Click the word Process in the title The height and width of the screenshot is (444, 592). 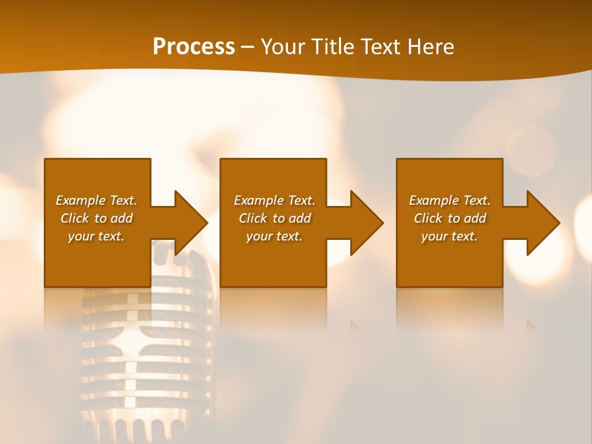pos(194,47)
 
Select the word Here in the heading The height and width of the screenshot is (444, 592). pos(430,47)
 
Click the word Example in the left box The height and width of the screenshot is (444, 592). pos(80,200)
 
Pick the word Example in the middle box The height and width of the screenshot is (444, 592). pos(258,200)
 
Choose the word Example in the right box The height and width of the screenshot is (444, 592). pos(434,200)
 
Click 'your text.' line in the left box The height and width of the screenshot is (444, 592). pos(96,236)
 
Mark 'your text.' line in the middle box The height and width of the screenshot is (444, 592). pos(274,236)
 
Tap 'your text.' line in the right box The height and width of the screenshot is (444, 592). pos(450,236)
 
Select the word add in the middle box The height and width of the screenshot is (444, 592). pos(300,218)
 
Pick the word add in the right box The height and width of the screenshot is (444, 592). pos(475,218)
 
